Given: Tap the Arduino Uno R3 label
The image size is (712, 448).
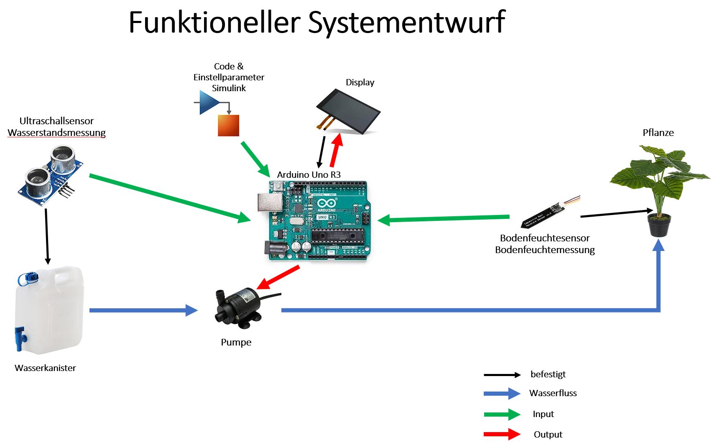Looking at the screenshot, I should click(309, 175).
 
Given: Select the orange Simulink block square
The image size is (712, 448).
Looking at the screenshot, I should click(228, 125).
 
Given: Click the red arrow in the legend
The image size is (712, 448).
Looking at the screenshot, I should click(502, 435).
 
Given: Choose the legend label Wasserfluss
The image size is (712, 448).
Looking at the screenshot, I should click(553, 393).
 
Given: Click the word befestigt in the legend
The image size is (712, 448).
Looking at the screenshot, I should click(548, 374).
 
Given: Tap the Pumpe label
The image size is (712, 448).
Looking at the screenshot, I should click(236, 342).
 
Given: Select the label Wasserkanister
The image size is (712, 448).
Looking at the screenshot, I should click(45, 368).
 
